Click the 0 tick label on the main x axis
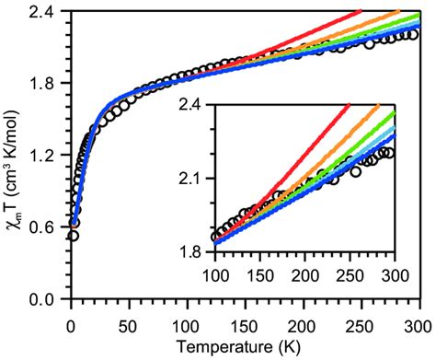click(71, 323)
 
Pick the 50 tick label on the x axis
click(128, 323)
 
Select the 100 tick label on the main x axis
click(187, 323)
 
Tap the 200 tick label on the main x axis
click(302, 323)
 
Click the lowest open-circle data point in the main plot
click(73, 236)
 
